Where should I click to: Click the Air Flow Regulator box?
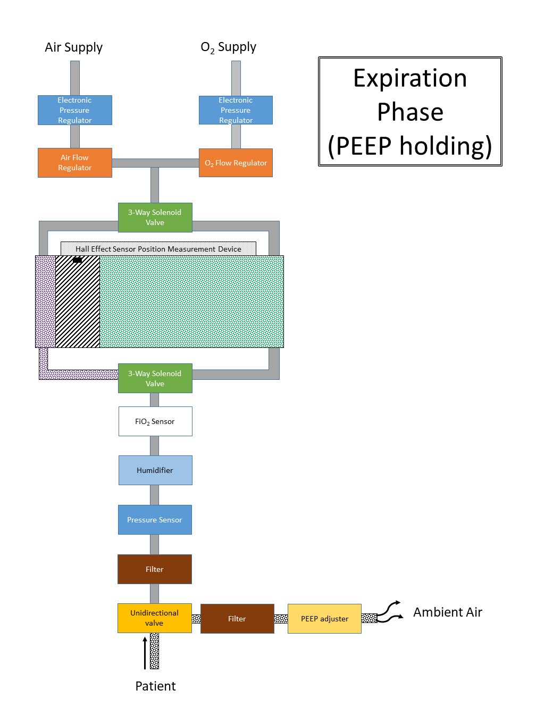[75, 163]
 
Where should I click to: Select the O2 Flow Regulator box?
[236, 163]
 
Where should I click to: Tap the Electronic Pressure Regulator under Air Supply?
[75, 110]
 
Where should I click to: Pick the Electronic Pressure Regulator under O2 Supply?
[236, 110]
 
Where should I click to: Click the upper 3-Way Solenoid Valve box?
[155, 218]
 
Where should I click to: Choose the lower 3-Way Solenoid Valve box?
[155, 378]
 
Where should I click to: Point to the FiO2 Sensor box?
[155, 421]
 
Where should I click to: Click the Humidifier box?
[155, 470]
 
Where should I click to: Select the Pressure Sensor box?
[155, 520]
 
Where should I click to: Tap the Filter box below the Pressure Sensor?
[155, 569]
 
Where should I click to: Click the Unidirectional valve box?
[155, 618]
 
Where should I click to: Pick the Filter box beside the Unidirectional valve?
[237, 619]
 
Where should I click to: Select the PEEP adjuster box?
[324, 619]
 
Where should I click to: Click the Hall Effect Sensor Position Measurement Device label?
[158, 249]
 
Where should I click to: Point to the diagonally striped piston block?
[78, 303]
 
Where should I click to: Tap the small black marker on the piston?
[78, 260]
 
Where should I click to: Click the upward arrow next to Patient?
[145, 653]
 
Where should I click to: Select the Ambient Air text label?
[447, 612]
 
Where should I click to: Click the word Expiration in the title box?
[410, 78]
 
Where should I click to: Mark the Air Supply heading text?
[73, 47]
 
